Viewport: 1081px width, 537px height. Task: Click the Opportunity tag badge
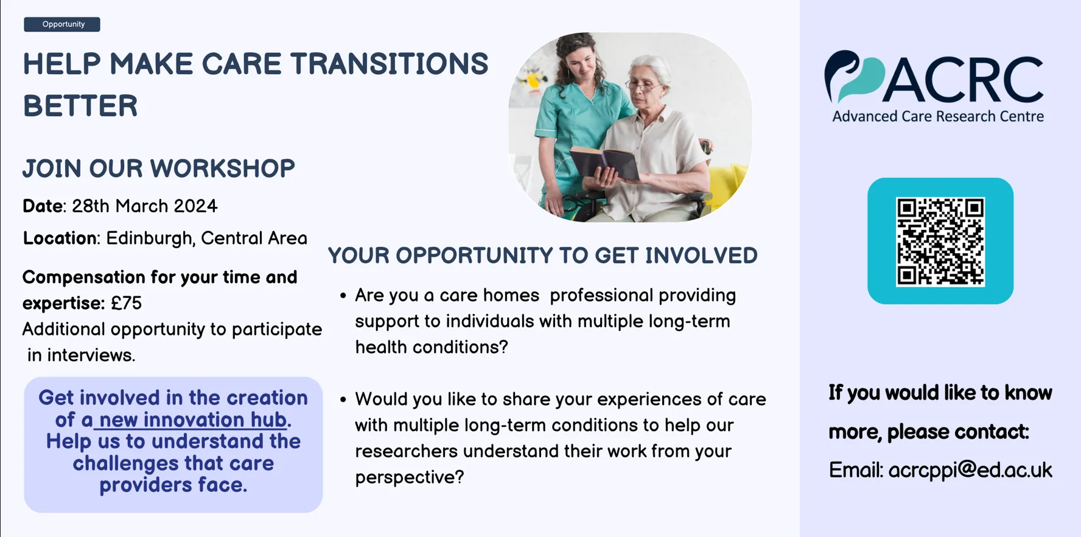click(62, 24)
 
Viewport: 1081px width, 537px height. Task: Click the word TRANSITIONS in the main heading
click(389, 64)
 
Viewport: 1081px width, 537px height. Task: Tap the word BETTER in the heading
click(80, 106)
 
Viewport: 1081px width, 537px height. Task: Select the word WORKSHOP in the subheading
click(222, 168)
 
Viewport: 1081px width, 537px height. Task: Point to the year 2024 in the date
click(195, 206)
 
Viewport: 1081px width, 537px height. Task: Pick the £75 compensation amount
click(126, 303)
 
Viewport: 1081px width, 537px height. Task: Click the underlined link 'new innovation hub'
click(193, 420)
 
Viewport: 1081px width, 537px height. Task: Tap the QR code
click(940, 241)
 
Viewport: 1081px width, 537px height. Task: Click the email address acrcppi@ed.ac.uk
click(970, 469)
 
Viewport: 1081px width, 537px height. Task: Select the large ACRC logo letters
click(964, 79)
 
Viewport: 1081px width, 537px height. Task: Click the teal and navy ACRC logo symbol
click(853, 77)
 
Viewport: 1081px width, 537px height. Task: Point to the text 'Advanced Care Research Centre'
click(938, 116)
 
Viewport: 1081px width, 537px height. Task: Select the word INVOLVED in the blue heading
click(701, 255)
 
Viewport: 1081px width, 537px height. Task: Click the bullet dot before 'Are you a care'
click(343, 296)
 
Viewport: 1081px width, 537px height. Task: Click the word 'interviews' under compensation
click(91, 355)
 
